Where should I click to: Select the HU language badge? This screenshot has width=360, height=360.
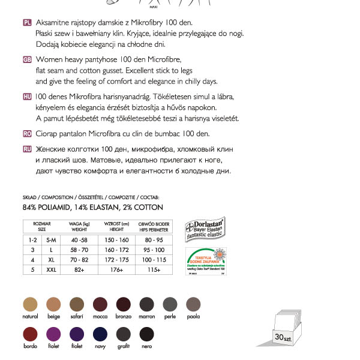[x=27, y=96]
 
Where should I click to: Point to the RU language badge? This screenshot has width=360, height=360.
[x=27, y=149]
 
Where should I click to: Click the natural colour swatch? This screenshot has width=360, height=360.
[x=30, y=304]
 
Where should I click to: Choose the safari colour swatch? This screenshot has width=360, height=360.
[x=77, y=304]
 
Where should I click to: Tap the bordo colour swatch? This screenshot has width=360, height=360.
[x=30, y=335]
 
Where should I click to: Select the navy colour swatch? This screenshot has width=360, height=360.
[x=100, y=335]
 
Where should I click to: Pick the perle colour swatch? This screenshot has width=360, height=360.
[x=170, y=304]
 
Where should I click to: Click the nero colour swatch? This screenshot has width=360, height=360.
[x=146, y=335]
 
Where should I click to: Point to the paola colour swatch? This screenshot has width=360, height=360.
[x=193, y=304]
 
